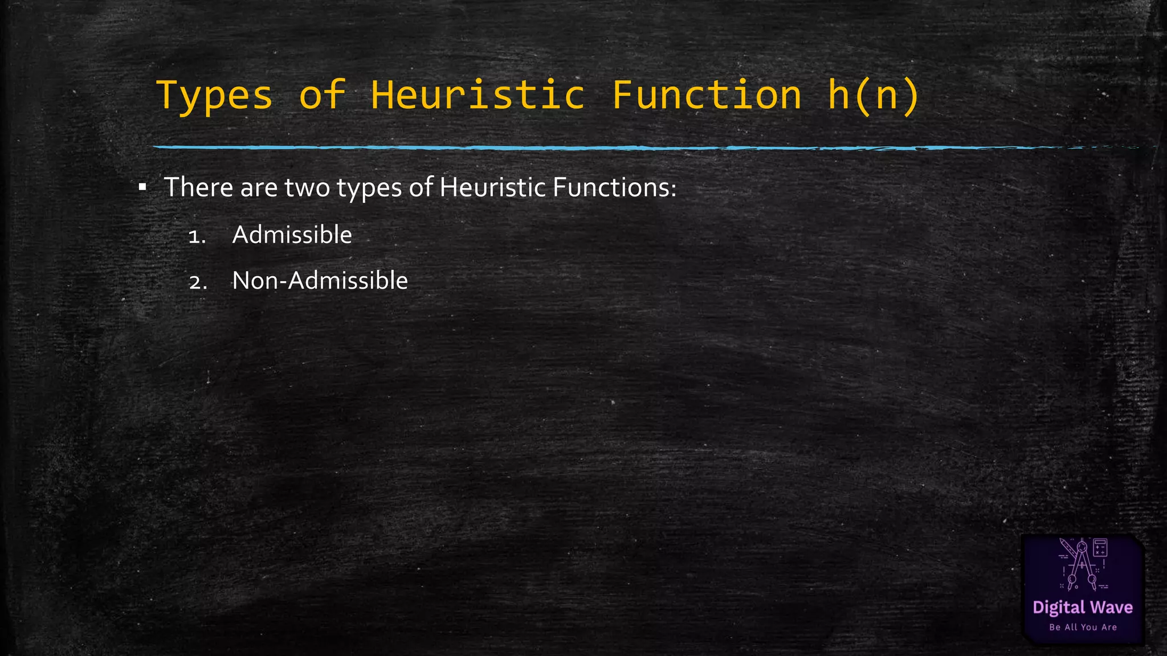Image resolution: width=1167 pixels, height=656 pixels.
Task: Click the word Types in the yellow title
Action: click(214, 95)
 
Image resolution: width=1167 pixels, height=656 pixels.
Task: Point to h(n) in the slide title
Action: click(873, 95)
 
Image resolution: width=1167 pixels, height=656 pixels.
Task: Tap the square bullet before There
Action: click(142, 187)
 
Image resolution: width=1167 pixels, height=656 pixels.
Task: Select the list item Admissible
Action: click(292, 235)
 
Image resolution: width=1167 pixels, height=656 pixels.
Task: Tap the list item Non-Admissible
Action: click(320, 280)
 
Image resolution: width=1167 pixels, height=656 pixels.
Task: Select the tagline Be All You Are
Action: click(1083, 627)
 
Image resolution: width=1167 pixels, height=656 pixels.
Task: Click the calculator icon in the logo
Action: click(1100, 548)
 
